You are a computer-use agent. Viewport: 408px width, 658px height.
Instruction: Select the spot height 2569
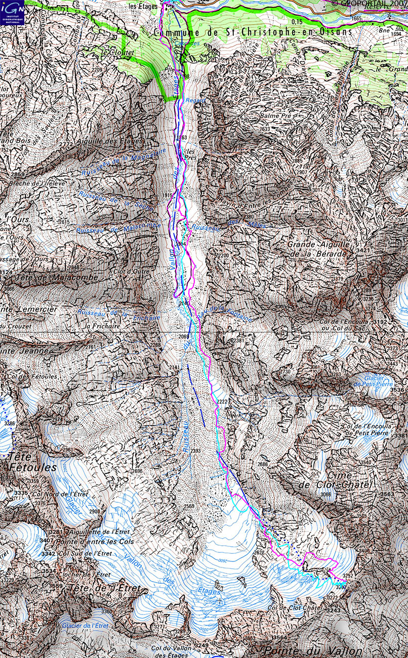[189, 506]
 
